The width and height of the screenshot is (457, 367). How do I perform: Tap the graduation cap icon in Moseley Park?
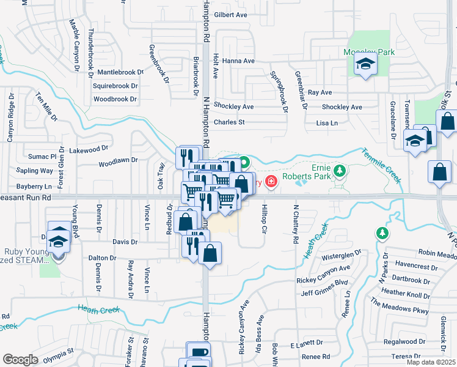point(365,64)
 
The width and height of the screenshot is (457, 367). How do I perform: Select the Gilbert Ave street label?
point(230,15)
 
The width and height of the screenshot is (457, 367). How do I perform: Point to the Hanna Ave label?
point(238,61)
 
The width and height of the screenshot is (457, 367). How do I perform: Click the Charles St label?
point(228,122)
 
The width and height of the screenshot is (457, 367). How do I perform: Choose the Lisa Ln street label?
point(327,123)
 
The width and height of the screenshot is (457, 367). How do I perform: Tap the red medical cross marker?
point(270,182)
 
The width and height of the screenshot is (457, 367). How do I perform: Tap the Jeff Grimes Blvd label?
point(324,284)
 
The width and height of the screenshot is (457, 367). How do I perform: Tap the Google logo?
point(20,360)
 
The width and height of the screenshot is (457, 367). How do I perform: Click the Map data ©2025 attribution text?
point(431,362)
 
